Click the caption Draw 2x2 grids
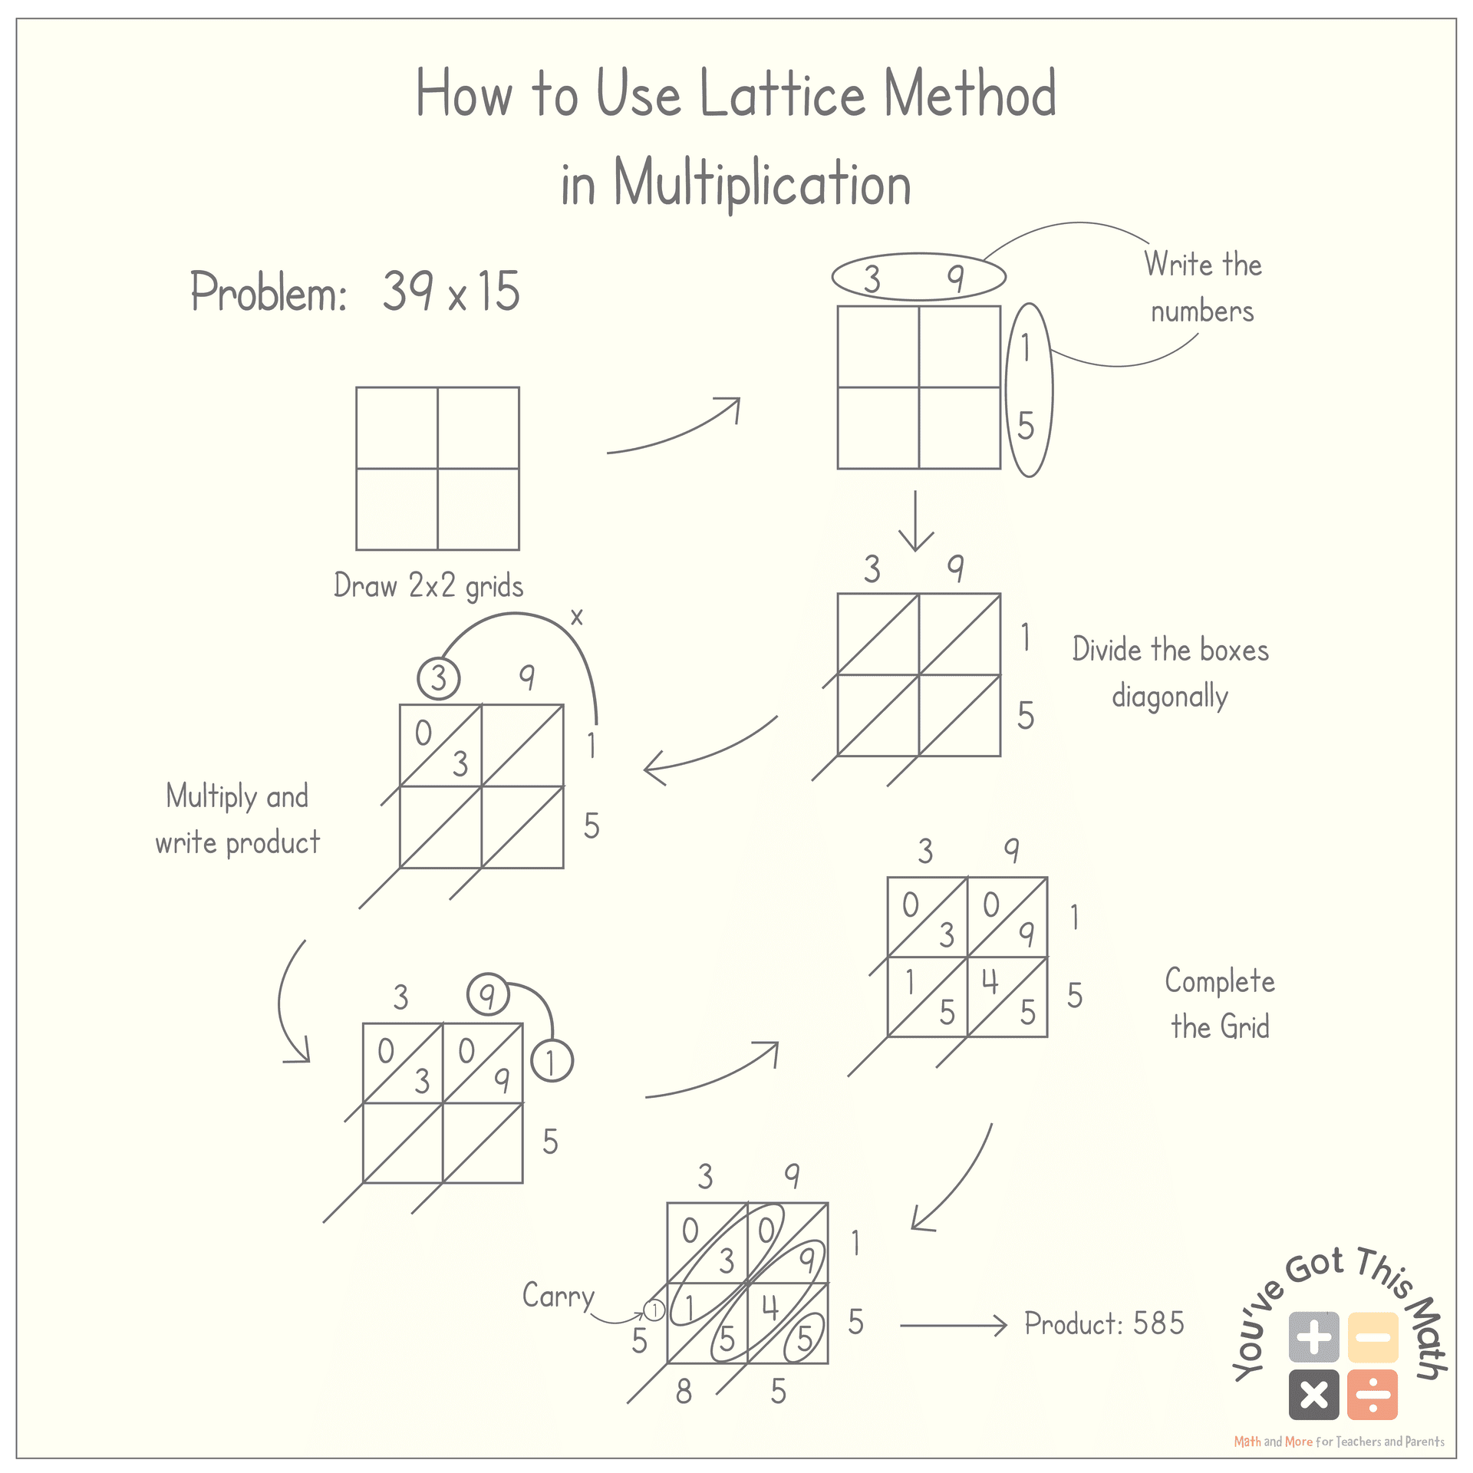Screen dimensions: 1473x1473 (x=428, y=586)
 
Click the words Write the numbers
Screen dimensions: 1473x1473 (x=1202, y=288)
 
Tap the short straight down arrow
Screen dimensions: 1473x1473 (x=915, y=521)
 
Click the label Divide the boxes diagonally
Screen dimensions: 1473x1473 (x=1170, y=672)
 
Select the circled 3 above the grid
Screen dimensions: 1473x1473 (x=438, y=678)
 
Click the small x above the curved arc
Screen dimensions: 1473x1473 (x=577, y=617)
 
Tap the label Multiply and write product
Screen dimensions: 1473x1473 (x=237, y=819)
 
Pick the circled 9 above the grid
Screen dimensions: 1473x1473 (x=487, y=996)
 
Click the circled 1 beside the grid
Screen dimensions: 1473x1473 (x=551, y=1062)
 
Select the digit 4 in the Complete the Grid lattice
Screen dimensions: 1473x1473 (x=990, y=981)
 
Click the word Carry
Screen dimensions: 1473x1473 (x=558, y=1297)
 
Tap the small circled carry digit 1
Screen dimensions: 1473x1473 (x=654, y=1310)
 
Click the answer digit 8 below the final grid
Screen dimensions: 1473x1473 (x=683, y=1391)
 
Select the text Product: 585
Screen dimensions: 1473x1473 (x=1104, y=1323)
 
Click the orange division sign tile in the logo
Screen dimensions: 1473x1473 (x=1372, y=1395)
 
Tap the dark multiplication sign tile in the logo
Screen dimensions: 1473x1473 (x=1313, y=1395)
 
